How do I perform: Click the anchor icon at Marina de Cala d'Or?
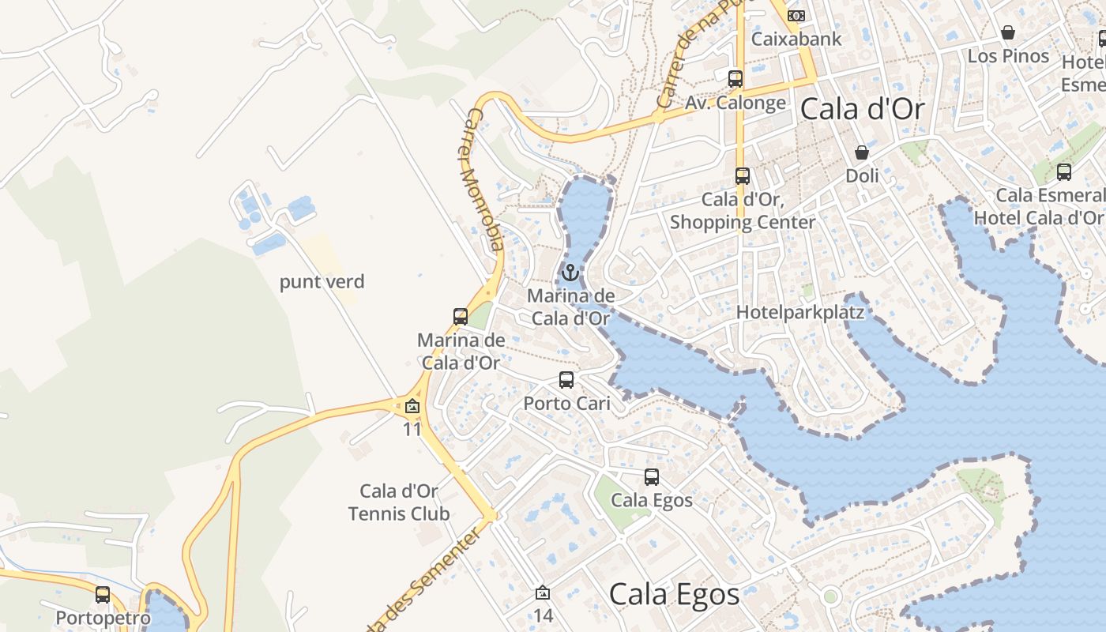coord(570,273)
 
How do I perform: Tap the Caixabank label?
coord(796,39)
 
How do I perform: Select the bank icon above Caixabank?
coord(796,15)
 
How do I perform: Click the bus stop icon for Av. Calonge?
coord(735,78)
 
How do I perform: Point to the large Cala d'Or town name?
coord(862,109)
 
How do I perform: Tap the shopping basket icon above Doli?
coord(862,152)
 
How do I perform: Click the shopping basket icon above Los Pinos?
coord(1008,32)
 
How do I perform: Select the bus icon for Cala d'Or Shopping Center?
coord(743,176)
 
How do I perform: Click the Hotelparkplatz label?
coord(800,312)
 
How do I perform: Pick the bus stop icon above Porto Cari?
coord(566,380)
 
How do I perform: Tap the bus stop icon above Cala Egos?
coord(652,477)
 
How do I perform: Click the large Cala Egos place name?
coord(674,594)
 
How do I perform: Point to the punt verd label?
coord(322,282)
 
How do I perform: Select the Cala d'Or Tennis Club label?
coord(399,502)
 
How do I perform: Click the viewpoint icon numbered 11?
coord(412,408)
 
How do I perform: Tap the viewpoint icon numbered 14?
coord(543,592)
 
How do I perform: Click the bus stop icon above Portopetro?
coord(103,595)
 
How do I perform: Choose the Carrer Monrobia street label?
coord(481,179)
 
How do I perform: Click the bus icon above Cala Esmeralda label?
coord(1064,171)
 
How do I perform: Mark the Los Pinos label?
coord(1008,56)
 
